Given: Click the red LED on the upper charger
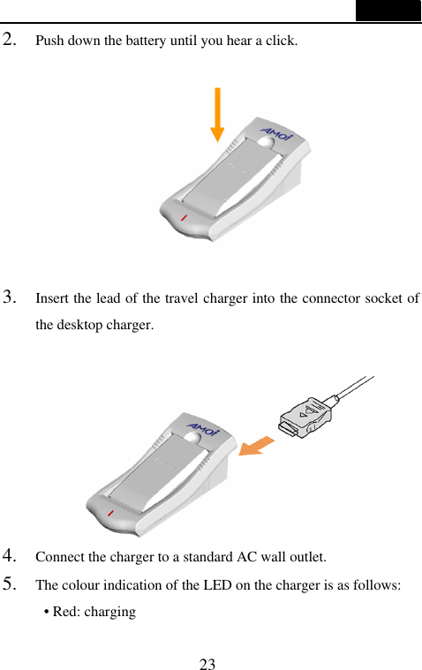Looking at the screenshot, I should (x=184, y=216).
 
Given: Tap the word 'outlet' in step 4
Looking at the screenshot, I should (x=305, y=557).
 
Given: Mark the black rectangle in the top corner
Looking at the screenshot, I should (x=388, y=11).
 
